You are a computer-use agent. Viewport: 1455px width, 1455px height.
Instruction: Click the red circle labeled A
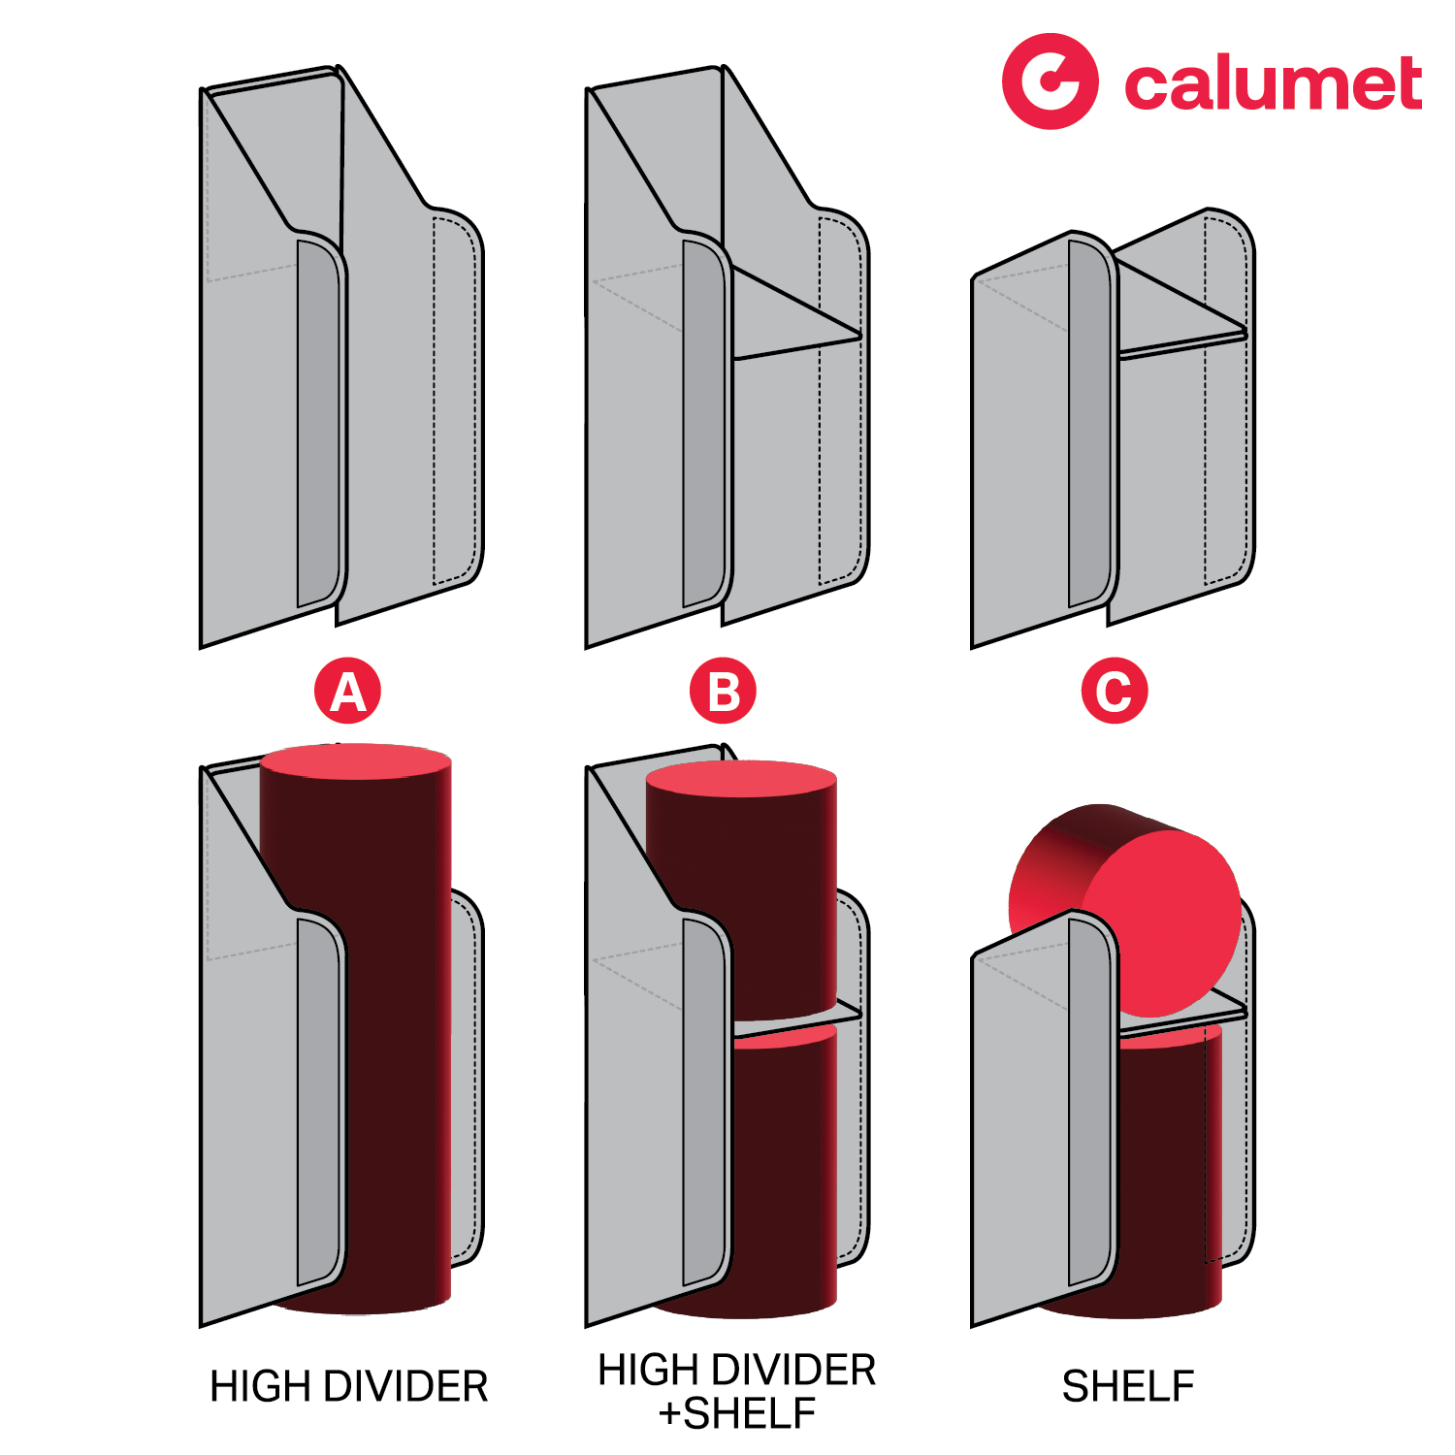point(347,691)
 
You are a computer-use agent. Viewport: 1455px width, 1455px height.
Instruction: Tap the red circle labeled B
point(723,691)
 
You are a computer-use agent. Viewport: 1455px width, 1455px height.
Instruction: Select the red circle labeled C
point(1115,691)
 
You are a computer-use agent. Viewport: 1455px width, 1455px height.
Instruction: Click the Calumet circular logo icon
point(1050,81)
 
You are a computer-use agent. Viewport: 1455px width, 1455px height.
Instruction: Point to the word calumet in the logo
point(1273,84)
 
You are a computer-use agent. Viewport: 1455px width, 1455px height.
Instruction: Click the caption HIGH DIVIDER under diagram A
point(348,1386)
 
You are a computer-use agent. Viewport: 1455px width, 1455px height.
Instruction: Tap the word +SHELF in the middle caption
point(736,1413)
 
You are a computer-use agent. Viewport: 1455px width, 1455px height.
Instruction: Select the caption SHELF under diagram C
point(1128,1386)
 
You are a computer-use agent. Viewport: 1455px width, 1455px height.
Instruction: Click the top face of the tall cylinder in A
point(356,760)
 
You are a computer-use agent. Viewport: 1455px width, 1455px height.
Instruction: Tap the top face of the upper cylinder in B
point(740,779)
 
